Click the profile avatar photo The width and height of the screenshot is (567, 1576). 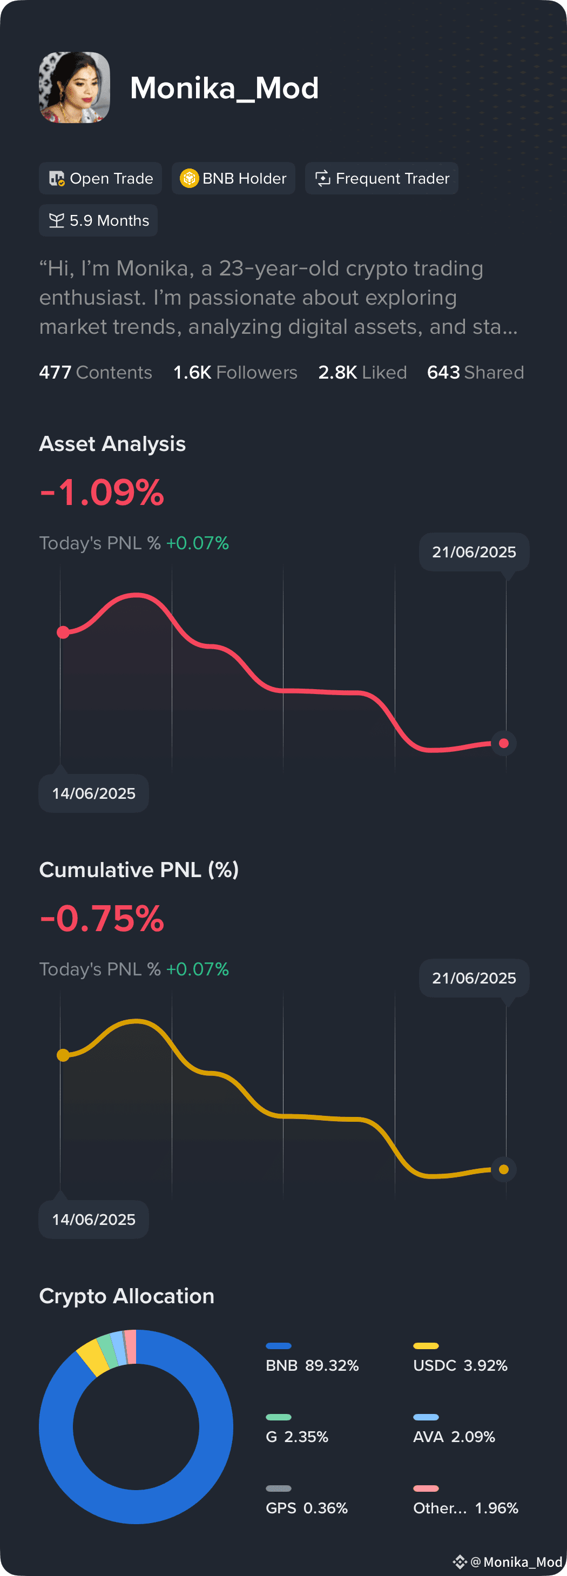point(75,87)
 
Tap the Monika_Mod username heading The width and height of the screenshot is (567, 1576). point(225,88)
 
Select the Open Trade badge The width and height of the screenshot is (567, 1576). point(100,178)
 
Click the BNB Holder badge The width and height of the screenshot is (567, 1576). point(234,178)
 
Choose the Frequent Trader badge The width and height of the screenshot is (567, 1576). point(382,178)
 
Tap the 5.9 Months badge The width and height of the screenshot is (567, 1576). point(98,220)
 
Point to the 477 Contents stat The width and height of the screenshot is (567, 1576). point(96,372)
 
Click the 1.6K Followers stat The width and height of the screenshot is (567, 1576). point(235,372)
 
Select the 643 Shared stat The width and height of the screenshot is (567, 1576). point(475,372)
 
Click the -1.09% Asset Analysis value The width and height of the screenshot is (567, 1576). point(102,492)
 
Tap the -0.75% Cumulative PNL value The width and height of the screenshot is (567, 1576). point(102,918)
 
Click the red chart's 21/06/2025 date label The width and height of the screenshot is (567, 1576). point(474,552)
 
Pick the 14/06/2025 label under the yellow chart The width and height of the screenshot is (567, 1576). point(93,1220)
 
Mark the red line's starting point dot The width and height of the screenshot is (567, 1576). point(63,632)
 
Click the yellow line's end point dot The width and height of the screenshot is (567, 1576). point(504,1169)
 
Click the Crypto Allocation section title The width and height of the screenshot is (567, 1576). point(126,1296)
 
